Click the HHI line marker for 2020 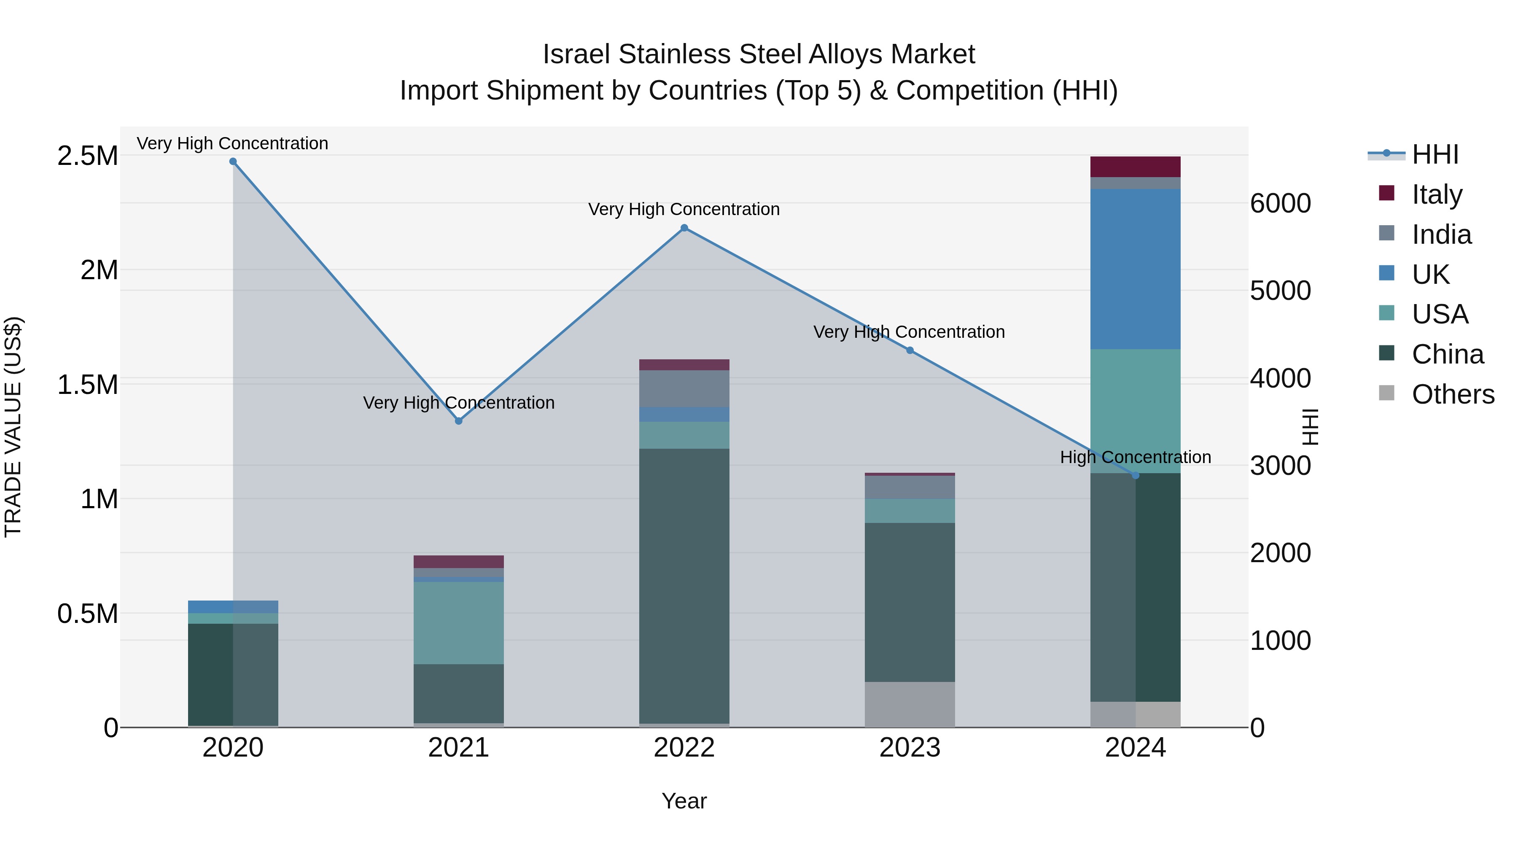[x=233, y=162]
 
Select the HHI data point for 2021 [x=458, y=421]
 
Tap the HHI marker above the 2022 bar [x=684, y=228]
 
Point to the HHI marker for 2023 [x=910, y=351]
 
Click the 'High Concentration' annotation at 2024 [x=1135, y=457]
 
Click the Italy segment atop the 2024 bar [x=1135, y=167]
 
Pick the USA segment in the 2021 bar [x=458, y=623]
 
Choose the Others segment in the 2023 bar [x=910, y=704]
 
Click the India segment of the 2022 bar [x=684, y=388]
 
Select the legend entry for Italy [x=1437, y=194]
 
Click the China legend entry [x=1447, y=354]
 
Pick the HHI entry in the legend [x=1435, y=154]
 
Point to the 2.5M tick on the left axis [x=87, y=156]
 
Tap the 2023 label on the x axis [x=910, y=748]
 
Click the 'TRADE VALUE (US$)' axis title [x=13, y=427]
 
